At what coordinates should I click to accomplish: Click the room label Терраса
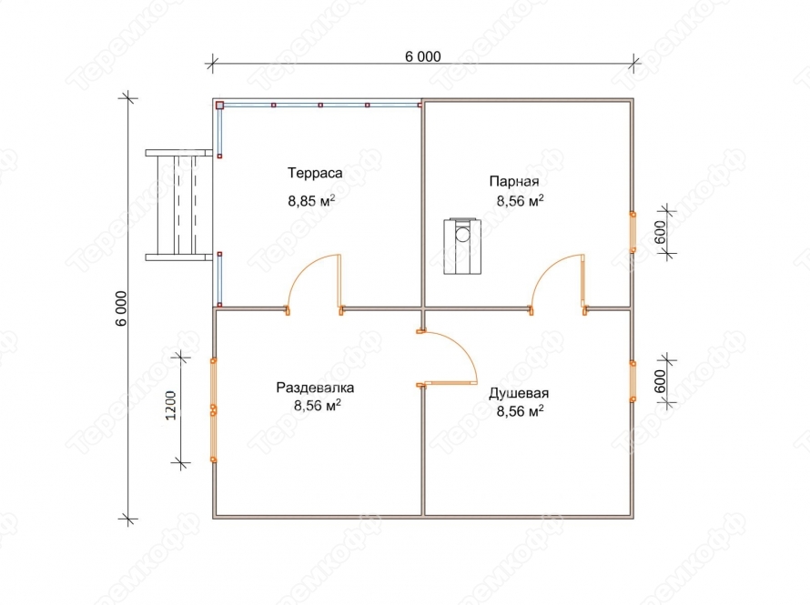[x=315, y=173]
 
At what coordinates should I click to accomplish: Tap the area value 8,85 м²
[x=311, y=200]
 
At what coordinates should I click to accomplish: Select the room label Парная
[x=514, y=182]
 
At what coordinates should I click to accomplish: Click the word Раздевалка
[x=315, y=388]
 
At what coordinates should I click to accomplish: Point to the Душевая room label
[x=519, y=393]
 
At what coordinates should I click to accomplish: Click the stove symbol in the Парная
[x=462, y=246]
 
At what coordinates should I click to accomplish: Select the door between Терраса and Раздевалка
[x=315, y=284]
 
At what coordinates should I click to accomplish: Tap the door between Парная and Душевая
[x=559, y=284]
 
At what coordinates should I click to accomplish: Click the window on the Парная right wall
[x=633, y=232]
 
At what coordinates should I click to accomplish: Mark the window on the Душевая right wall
[x=633, y=381]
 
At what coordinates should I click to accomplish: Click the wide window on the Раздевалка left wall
[x=213, y=409]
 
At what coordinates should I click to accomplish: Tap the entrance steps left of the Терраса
[x=178, y=205]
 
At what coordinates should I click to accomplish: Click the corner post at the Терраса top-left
[x=219, y=106]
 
